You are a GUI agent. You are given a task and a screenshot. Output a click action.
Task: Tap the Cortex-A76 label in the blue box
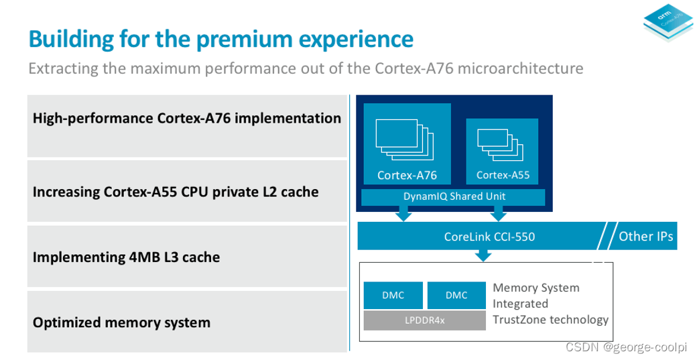pos(407,175)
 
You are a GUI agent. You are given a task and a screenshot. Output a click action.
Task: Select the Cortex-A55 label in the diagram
pos(503,175)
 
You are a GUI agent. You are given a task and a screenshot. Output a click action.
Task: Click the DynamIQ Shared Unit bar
pos(454,196)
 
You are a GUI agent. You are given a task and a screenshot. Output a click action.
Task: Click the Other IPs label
pos(645,236)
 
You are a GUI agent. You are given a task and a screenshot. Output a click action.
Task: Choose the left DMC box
pos(393,295)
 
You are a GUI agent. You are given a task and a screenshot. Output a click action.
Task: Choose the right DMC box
pos(456,295)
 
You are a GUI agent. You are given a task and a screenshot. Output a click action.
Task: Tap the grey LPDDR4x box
pos(424,320)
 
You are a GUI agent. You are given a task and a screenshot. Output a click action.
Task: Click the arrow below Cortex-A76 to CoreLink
pos(403,213)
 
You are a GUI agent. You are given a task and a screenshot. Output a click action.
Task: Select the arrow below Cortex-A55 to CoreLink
pos(498,213)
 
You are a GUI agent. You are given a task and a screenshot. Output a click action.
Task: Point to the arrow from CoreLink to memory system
pos(483,255)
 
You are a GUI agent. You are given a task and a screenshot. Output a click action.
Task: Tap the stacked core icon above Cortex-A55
pos(500,141)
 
